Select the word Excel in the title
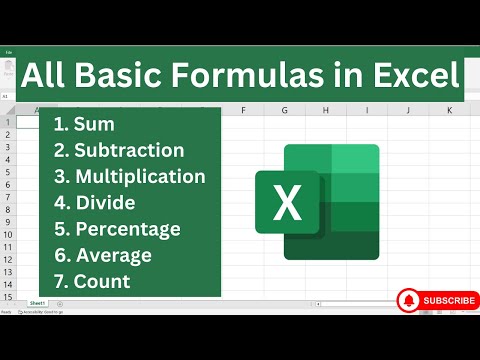[x=415, y=75]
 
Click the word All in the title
[x=49, y=75]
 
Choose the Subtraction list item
[x=119, y=151]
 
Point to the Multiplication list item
[x=130, y=177]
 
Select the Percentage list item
[x=117, y=229]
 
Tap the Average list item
[x=103, y=255]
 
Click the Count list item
[x=92, y=281]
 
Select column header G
[x=285, y=109]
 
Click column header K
[x=449, y=109]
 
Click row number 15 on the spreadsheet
[x=8, y=296]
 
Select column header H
[x=326, y=109]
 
